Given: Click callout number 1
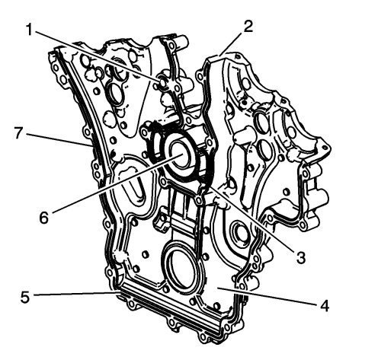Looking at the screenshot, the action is point(30,30).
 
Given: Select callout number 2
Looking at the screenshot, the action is point(248,27).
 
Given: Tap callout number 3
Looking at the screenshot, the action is point(301,257).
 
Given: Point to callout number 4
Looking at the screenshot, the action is point(325,305).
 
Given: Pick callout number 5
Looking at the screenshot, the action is point(25,297).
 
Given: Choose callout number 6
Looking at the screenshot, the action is point(43,218).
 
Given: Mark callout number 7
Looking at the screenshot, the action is point(19,132).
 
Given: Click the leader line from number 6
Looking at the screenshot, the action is point(116,182).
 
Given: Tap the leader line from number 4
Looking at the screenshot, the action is point(267,295).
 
